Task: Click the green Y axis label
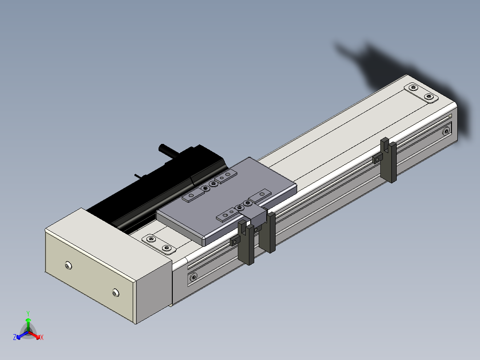click(x=28, y=313)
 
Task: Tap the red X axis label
click(x=42, y=337)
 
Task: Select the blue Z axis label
click(x=14, y=337)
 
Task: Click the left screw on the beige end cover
click(x=69, y=266)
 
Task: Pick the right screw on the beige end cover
click(x=115, y=293)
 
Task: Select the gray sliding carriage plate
click(x=227, y=200)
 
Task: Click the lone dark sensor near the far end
click(x=388, y=160)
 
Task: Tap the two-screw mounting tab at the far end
click(x=421, y=92)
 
